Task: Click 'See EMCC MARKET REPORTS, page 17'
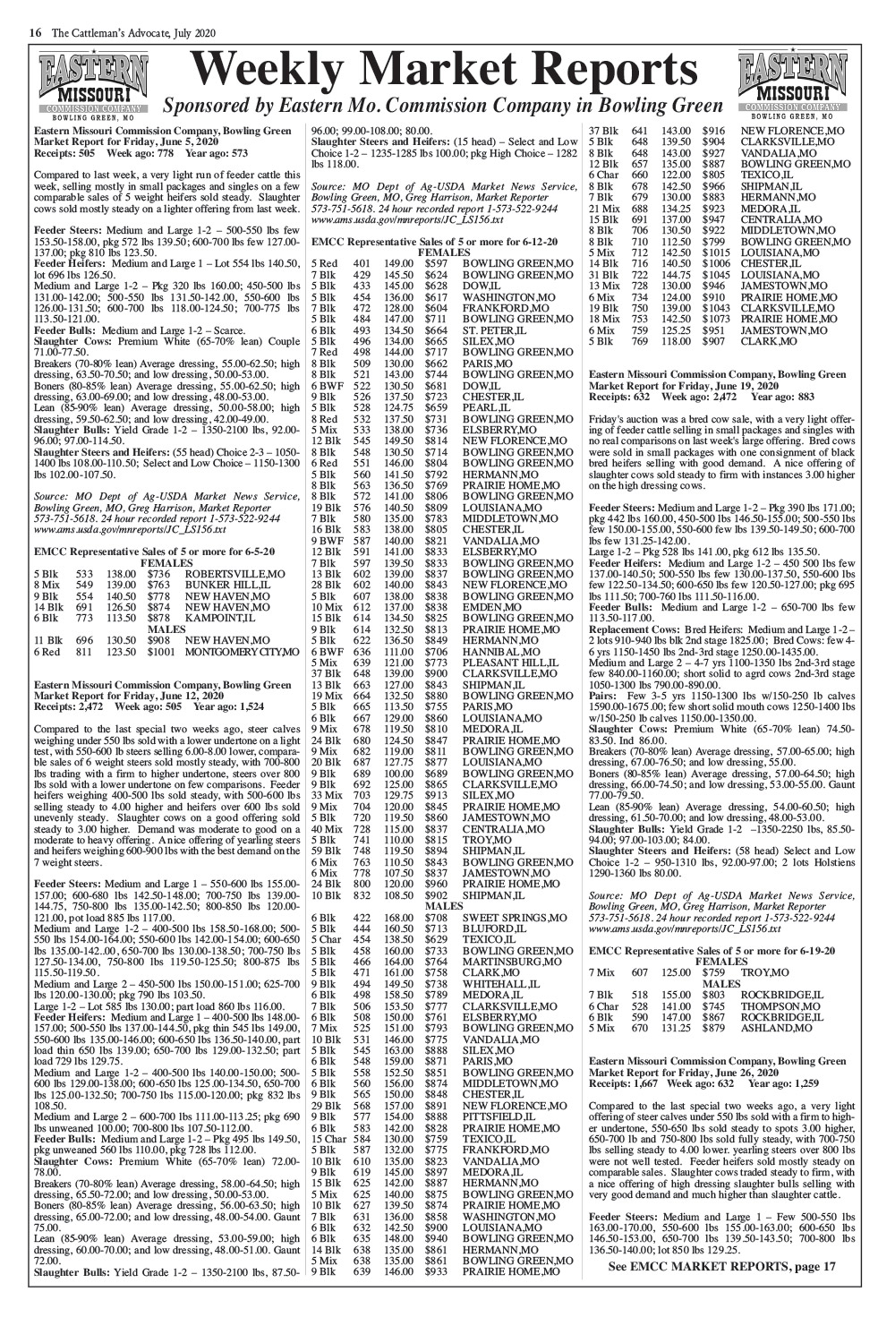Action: point(720,1265)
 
